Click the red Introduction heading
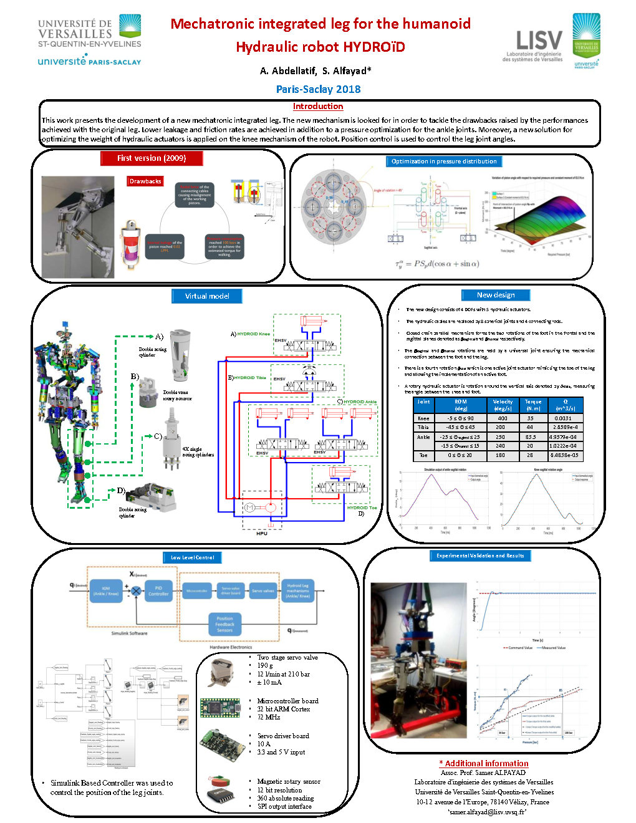click(x=318, y=106)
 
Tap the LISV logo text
click(x=539, y=41)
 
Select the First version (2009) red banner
click(x=152, y=158)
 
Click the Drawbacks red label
click(x=145, y=181)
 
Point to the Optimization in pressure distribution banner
click(x=444, y=161)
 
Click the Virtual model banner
click(x=207, y=296)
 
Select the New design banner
click(x=496, y=295)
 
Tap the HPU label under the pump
click(x=262, y=534)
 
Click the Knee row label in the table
click(x=423, y=418)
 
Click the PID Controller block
click(x=158, y=590)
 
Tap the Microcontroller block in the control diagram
click(x=197, y=590)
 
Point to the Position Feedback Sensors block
click(x=225, y=624)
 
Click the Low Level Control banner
click(x=193, y=557)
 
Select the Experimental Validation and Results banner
click(x=480, y=556)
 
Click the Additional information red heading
click(x=484, y=763)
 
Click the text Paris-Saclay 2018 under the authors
click(x=318, y=89)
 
